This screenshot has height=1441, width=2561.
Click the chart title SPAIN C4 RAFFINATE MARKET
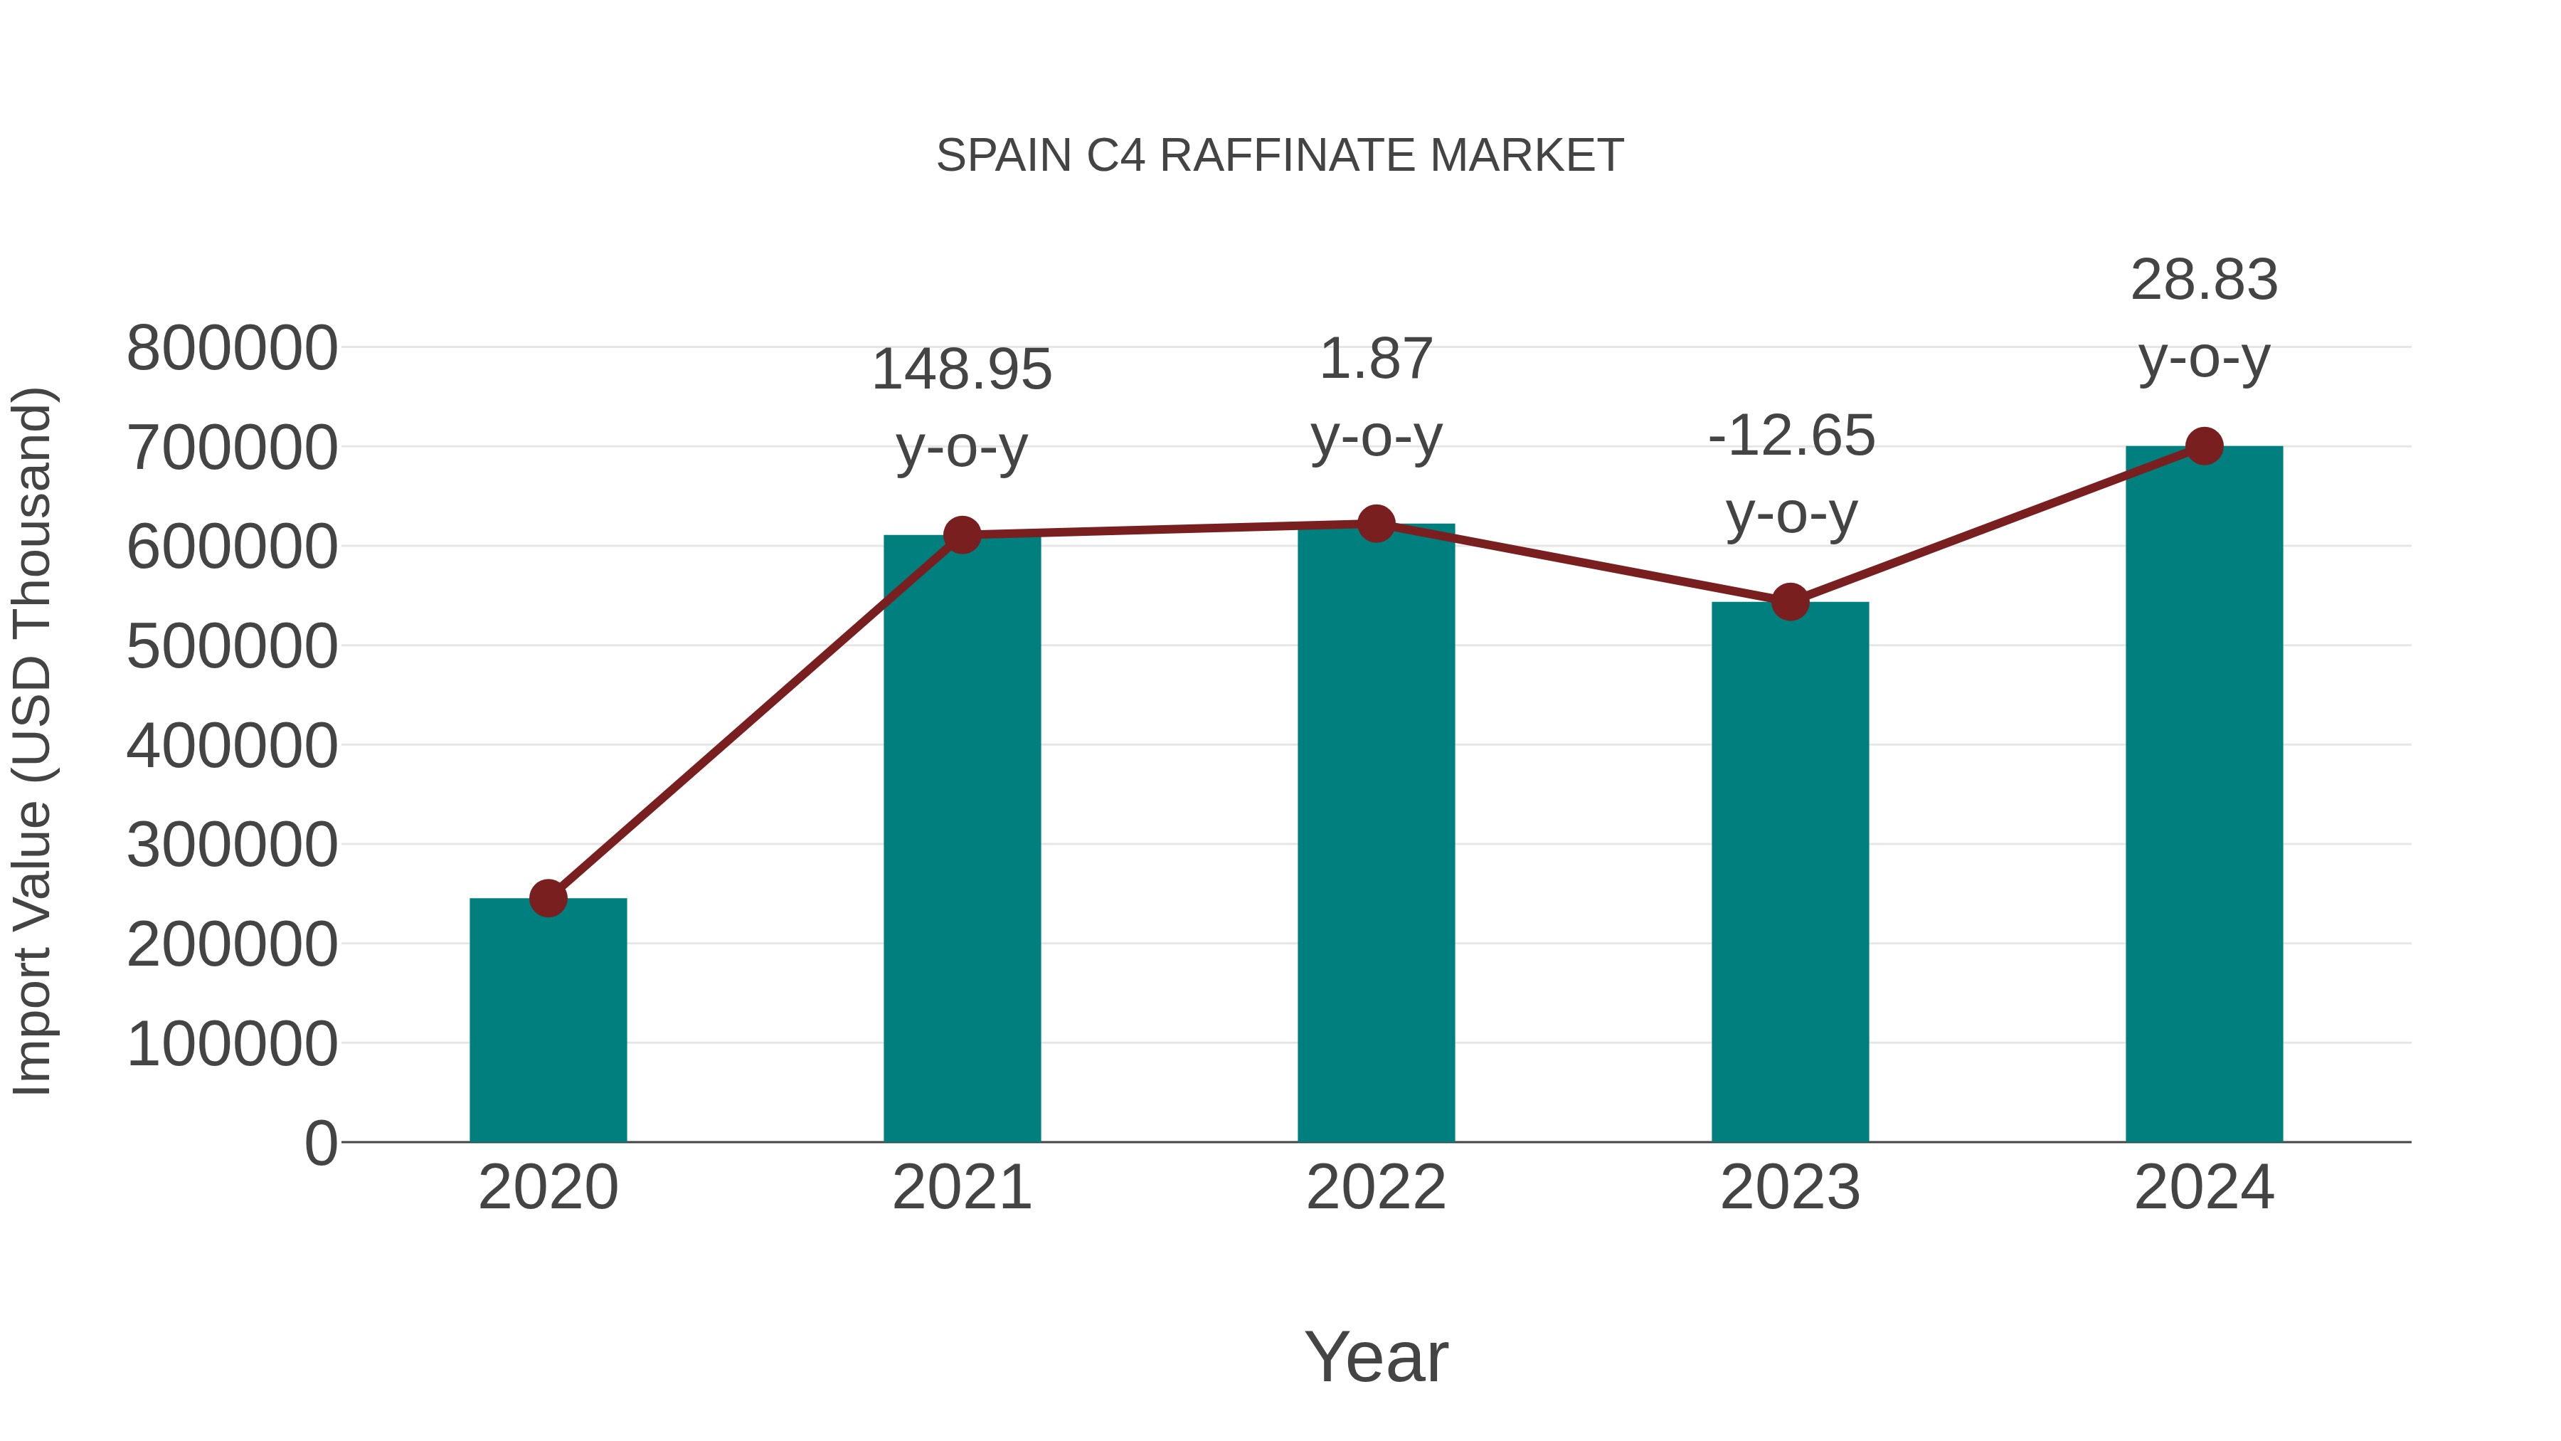1280,156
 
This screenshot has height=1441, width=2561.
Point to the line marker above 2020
548,898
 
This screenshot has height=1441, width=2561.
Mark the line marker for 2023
1790,601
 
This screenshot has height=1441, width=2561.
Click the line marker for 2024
2204,446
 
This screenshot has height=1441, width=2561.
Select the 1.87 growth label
1376,359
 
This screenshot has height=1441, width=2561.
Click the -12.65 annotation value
1791,437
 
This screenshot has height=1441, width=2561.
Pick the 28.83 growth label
2204,280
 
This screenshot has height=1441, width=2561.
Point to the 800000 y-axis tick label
232,349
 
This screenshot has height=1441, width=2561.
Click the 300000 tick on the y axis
232,845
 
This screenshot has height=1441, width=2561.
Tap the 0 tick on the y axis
320,1143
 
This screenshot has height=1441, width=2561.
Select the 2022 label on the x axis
1376,1188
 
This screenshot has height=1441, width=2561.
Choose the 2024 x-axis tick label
2204,1188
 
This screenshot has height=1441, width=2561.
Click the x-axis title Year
1376,1356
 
